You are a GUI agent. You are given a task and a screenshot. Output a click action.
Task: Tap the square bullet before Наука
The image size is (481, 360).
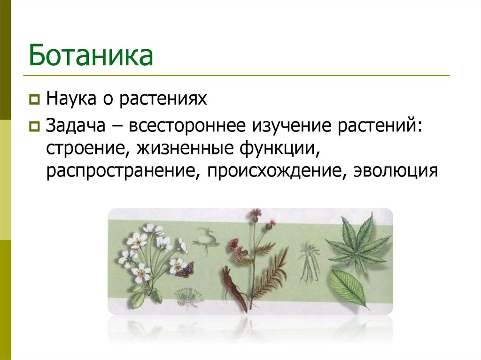[x=34, y=100]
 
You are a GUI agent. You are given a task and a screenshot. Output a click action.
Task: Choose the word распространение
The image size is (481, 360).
[x=120, y=171]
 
